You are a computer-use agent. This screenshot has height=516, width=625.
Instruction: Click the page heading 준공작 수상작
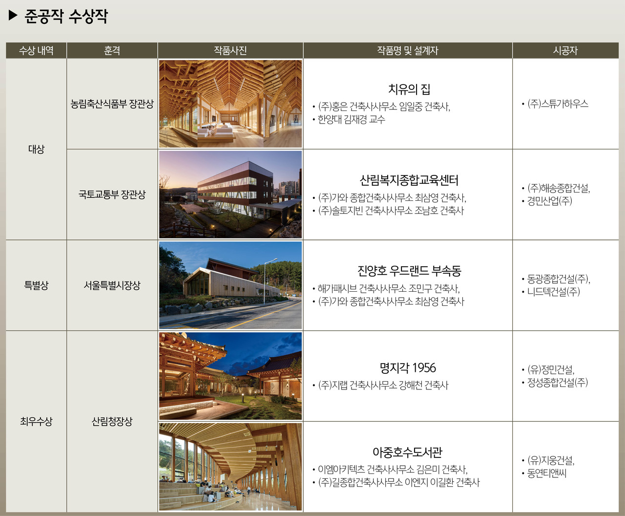point(66,16)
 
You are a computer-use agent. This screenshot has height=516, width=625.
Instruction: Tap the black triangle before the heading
point(13,16)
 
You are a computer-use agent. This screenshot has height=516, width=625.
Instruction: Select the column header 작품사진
point(230,50)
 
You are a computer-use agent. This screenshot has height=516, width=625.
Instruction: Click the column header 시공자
point(565,50)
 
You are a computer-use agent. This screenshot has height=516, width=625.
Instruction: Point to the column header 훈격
point(112,50)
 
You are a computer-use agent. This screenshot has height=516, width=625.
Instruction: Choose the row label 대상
point(36,149)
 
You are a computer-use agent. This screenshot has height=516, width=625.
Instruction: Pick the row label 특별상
point(36,285)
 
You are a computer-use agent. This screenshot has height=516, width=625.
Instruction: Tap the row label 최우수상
point(36,421)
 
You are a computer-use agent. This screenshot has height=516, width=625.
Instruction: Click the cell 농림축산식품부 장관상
point(112,104)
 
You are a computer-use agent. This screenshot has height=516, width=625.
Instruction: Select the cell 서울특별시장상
point(112,285)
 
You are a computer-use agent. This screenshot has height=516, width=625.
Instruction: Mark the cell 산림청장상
point(112,421)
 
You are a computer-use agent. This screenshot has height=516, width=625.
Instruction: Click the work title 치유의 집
point(409,89)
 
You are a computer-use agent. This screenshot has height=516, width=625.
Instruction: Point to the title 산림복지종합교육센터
point(409,180)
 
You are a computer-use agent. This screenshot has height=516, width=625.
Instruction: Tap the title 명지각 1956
point(408,367)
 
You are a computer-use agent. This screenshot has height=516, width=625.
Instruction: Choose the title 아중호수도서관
point(408,452)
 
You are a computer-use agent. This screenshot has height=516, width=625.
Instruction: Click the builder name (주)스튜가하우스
point(558,104)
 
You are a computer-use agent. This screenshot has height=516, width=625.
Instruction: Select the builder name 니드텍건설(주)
point(553,292)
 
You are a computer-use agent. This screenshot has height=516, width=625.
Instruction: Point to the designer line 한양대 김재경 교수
point(351,119)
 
